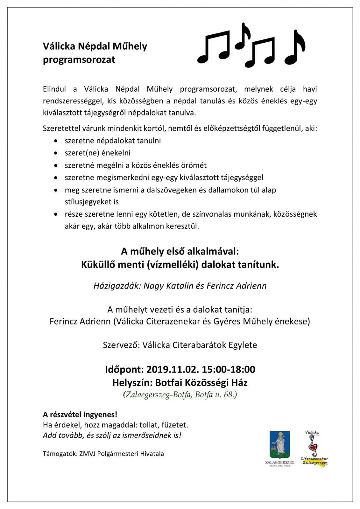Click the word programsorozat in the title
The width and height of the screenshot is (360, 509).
(x=79, y=60)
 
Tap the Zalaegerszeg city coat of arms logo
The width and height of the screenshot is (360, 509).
(x=280, y=445)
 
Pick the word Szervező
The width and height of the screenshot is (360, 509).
(x=121, y=345)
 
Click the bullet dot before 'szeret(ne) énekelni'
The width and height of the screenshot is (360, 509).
(x=56, y=153)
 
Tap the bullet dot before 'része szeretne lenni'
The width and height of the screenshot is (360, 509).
(x=56, y=214)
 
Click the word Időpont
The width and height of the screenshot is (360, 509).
(x=124, y=369)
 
